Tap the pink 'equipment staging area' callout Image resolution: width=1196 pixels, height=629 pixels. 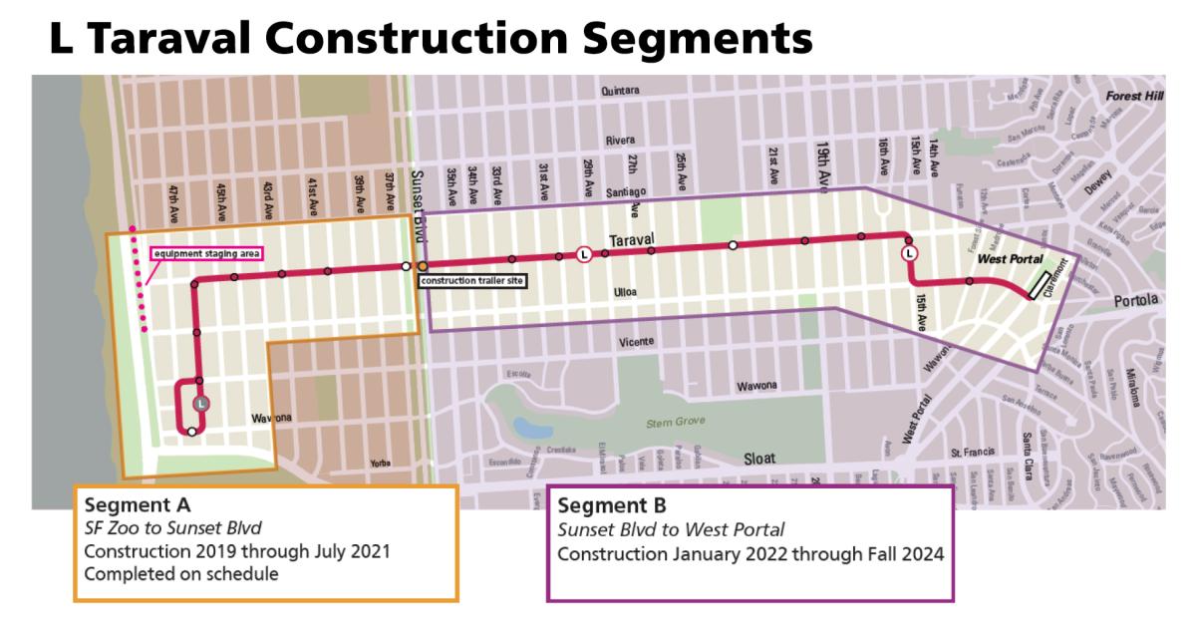pyautogui.click(x=206, y=253)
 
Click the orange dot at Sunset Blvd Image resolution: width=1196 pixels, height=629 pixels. pyautogui.click(x=423, y=267)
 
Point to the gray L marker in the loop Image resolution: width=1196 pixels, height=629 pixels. pyautogui.click(x=202, y=404)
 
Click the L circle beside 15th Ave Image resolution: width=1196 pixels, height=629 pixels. pyautogui.click(x=909, y=255)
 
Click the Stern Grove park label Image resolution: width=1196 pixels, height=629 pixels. pyautogui.click(x=670, y=422)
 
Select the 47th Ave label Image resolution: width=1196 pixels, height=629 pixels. pyautogui.click(x=172, y=202)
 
